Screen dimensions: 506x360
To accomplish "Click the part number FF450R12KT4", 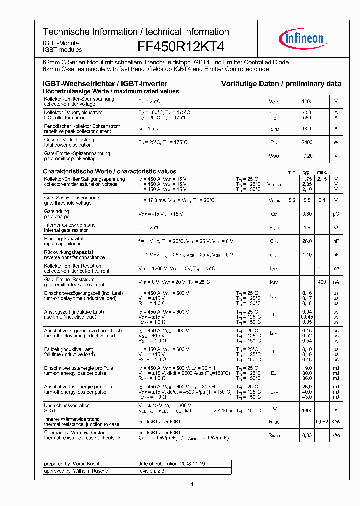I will point(181,46).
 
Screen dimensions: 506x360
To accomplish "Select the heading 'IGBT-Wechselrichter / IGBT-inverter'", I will point(105,84).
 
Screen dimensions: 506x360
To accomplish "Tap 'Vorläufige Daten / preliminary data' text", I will point(281,84).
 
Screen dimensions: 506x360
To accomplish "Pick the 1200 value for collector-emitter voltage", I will point(307,101).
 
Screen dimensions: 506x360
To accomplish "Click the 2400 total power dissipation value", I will point(307,142).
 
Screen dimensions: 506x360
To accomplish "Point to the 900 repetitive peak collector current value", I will point(307,129).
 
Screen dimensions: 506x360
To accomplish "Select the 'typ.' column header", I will point(307,172).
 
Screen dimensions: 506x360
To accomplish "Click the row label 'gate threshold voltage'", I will point(68,203).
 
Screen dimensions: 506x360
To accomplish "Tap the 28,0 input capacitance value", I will point(307,241).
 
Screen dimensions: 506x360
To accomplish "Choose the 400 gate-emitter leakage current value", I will point(322,282).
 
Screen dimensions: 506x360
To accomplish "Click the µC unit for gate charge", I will point(336,214).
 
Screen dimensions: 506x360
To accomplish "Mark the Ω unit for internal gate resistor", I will point(336,227).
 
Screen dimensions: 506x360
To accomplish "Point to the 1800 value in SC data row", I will point(307,410).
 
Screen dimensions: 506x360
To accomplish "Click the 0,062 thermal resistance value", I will point(322,422).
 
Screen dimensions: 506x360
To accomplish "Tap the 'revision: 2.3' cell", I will point(151,471).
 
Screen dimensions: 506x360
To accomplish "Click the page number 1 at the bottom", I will point(192,484).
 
